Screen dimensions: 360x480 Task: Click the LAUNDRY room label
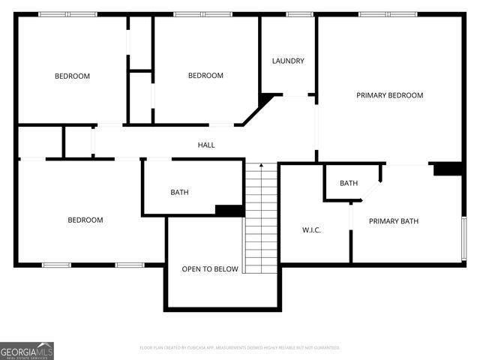tap(288, 61)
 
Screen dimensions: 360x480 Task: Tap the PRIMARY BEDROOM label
tap(389, 95)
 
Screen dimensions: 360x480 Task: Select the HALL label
tap(206, 145)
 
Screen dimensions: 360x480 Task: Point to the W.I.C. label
tap(311, 229)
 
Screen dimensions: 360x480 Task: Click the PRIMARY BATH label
tap(394, 220)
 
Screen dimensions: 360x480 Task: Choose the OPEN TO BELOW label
tap(210, 269)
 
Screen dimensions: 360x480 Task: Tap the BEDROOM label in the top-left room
tap(72, 76)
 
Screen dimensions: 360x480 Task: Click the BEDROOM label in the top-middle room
tap(205, 75)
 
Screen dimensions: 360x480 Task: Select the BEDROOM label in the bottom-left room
tap(85, 220)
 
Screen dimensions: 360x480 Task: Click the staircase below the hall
tap(261, 217)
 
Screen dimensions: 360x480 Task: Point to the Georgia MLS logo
tap(27, 351)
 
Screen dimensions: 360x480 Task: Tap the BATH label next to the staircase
tap(179, 192)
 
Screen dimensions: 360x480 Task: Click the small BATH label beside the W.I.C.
tap(349, 183)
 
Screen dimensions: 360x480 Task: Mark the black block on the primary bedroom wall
tap(448, 169)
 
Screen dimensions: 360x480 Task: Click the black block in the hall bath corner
tap(229, 211)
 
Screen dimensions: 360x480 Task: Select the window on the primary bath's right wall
tap(464, 238)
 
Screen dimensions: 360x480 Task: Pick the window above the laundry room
tap(299, 13)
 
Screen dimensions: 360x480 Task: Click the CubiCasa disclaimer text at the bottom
tap(240, 348)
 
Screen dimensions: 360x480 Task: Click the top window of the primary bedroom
tap(388, 13)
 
